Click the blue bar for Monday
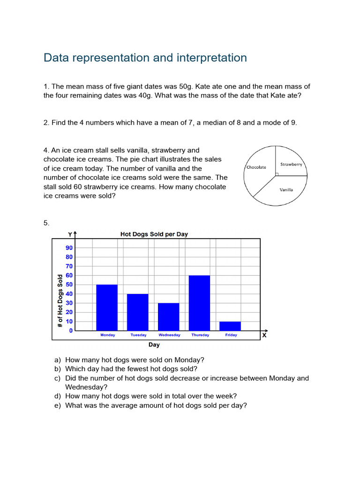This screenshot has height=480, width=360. tap(107, 307)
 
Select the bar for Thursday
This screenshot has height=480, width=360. tap(199, 303)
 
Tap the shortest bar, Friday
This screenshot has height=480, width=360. tap(230, 326)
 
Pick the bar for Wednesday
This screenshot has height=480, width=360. tap(168, 317)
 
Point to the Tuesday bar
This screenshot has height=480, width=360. tap(137, 312)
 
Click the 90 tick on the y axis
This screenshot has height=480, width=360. tap(69, 248)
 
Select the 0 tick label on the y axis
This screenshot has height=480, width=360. tap(71, 330)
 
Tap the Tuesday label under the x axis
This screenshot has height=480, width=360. tap(138, 335)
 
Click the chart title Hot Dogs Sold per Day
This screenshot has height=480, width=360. tap(154, 234)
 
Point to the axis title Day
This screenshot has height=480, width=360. tap(154, 345)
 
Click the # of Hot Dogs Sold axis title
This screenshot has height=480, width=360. tap(60, 300)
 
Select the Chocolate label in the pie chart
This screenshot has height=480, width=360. tap(256, 167)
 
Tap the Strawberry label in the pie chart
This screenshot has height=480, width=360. tap(291, 165)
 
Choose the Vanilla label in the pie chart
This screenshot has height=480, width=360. tap(286, 190)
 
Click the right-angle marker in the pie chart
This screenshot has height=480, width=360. tap(277, 174)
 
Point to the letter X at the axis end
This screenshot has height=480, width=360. tap(264, 336)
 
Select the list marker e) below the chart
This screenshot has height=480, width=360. tap(58, 405)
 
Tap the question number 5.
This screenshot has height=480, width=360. tap(46, 223)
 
